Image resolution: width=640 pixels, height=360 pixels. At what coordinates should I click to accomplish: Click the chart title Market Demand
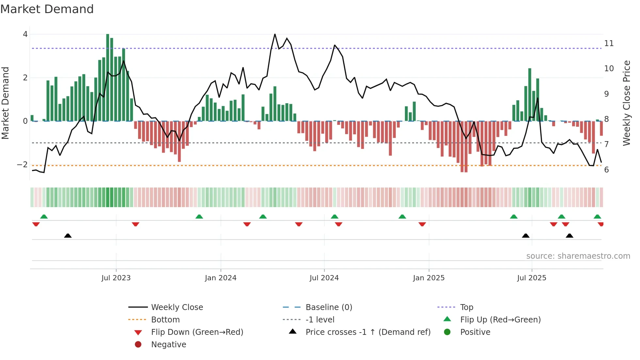point(47,9)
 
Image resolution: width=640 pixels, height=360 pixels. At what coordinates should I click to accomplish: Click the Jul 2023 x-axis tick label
point(116,278)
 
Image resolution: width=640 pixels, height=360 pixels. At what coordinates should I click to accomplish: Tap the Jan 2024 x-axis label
point(220,278)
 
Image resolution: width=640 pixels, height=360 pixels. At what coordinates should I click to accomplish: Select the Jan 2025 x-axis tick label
point(428,278)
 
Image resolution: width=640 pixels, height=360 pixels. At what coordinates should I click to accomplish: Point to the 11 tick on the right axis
point(609,43)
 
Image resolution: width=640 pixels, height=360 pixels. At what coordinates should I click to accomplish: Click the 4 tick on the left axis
point(25,34)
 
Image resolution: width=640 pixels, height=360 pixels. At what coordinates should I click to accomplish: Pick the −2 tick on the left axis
point(23,165)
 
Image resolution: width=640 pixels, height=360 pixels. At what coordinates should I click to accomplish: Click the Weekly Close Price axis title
point(626,103)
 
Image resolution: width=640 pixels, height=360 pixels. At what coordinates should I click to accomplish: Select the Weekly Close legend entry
point(177,307)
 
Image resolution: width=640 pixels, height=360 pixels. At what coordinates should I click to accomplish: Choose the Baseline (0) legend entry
point(328,307)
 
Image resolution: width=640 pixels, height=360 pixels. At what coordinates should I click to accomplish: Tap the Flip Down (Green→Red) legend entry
point(197,332)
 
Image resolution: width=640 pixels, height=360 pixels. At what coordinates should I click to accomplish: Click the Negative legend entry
point(168,345)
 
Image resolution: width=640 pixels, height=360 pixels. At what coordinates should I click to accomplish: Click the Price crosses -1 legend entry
point(368,332)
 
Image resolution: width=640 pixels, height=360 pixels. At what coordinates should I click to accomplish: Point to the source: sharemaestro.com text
point(578,256)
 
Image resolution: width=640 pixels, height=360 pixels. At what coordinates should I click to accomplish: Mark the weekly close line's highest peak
point(275,34)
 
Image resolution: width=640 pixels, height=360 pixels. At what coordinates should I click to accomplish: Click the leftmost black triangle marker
point(68,236)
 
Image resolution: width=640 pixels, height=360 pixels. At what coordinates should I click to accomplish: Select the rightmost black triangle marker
point(569,236)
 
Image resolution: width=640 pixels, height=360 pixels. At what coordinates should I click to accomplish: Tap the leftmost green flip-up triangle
point(44,217)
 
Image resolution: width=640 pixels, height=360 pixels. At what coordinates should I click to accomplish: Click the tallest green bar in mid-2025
point(530,95)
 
